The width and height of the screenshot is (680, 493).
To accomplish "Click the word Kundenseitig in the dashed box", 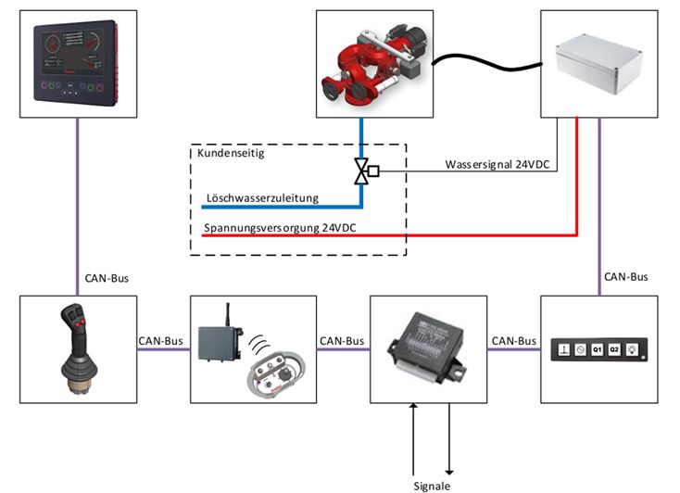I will pyautogui.click(x=227, y=153).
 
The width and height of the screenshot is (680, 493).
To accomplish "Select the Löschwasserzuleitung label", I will pyautogui.click(x=261, y=198).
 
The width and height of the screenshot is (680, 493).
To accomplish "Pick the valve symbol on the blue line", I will pyautogui.click(x=361, y=171).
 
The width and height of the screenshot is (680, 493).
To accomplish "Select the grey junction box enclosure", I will pyautogui.click(x=598, y=64).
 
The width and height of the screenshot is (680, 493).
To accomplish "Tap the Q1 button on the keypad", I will pyautogui.click(x=597, y=349).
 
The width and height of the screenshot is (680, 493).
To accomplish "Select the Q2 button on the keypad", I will pyautogui.click(x=613, y=349).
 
